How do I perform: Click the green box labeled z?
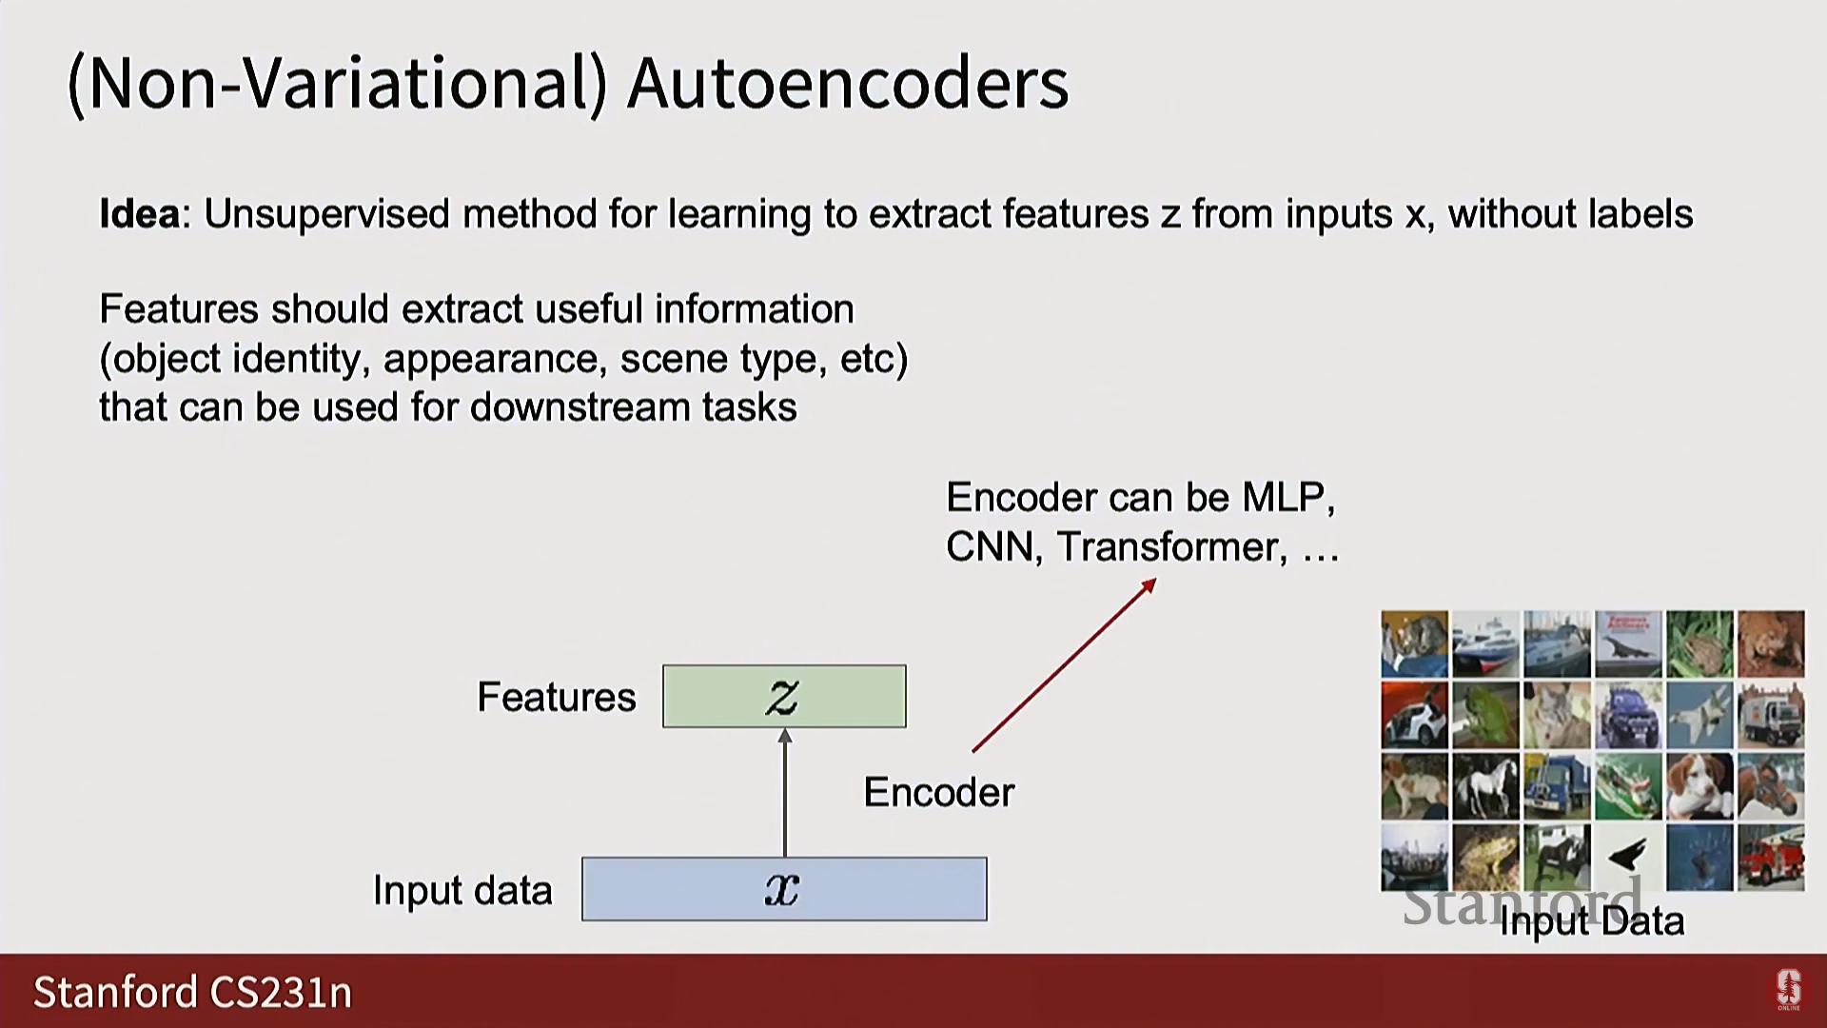click(x=784, y=697)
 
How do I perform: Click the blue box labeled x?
click(x=784, y=889)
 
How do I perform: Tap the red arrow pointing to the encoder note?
click(x=1064, y=665)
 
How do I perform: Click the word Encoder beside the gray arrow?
click(x=938, y=793)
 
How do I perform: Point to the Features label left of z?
click(x=556, y=698)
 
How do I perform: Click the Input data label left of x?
click(x=462, y=891)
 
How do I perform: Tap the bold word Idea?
click(x=139, y=214)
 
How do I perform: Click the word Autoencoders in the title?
click(x=848, y=84)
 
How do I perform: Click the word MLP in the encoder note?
click(x=1284, y=498)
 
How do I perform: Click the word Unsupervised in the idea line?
click(x=326, y=214)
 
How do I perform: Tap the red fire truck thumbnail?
click(x=1770, y=857)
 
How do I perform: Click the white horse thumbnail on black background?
click(x=1485, y=786)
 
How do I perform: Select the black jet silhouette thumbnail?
click(x=1628, y=857)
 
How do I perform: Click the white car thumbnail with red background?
click(x=1414, y=715)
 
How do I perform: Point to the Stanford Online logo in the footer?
click(x=1788, y=990)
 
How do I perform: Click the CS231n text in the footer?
click(x=281, y=992)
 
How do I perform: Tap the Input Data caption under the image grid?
click(x=1591, y=921)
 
